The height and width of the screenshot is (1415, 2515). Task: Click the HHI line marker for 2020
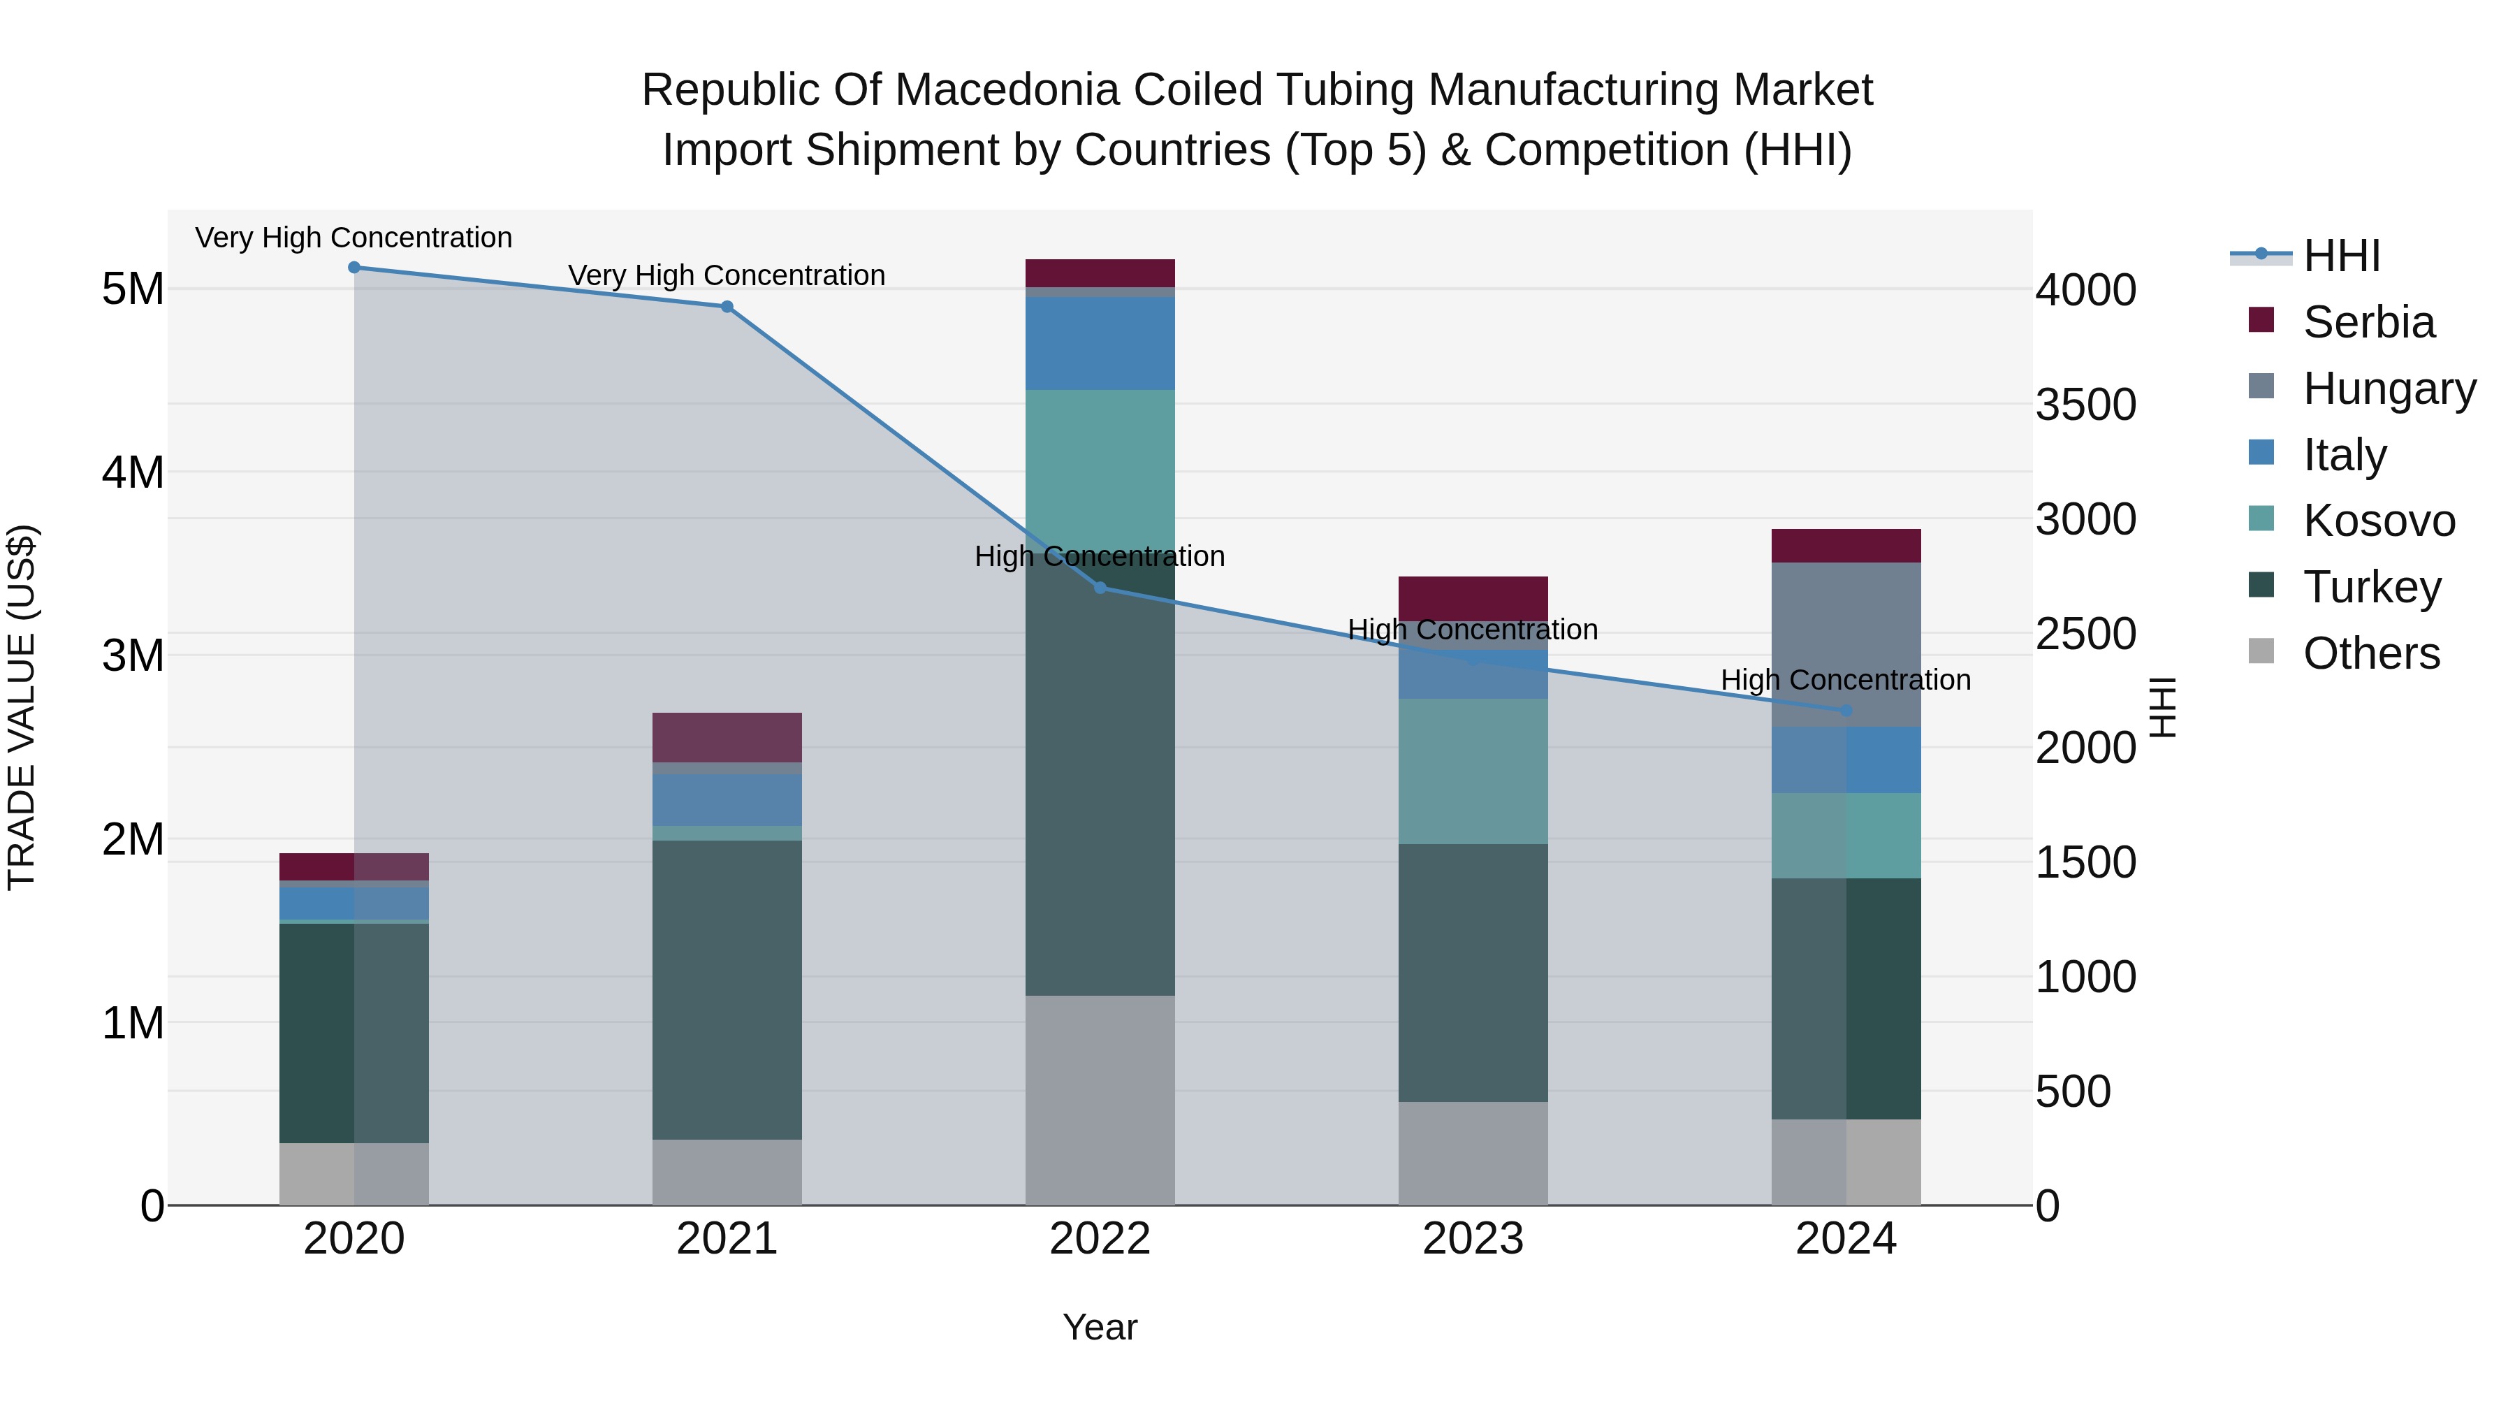point(354,268)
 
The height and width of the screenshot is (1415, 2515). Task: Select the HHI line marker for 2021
point(727,307)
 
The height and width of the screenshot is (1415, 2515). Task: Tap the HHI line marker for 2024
point(1845,711)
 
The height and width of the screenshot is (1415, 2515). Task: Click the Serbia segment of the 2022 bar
point(1100,273)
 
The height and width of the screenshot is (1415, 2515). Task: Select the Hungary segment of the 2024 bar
point(1845,644)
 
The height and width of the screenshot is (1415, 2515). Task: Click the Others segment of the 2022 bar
point(1100,1100)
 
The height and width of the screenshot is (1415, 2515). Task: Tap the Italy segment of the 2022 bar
point(1100,343)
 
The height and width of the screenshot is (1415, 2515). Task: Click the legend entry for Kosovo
point(2377,521)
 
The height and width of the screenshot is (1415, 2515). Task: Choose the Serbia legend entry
point(2368,321)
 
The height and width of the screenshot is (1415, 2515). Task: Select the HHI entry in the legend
point(2340,256)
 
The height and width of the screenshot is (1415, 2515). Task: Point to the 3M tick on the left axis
point(132,655)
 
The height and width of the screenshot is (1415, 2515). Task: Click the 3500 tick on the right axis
point(2085,405)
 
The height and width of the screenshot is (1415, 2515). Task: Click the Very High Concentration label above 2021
point(727,275)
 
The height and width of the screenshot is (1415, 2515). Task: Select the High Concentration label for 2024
point(1845,680)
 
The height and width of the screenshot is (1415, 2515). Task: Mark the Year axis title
point(1100,1327)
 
